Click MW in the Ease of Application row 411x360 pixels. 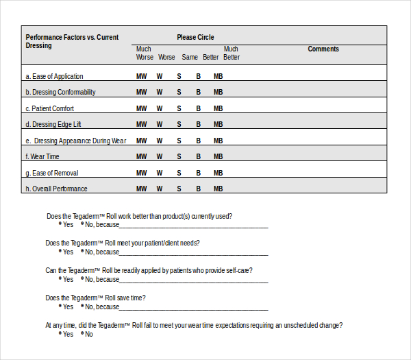pyautogui.click(x=141, y=76)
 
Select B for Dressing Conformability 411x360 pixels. pyautogui.click(x=199, y=93)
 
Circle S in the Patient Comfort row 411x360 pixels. pyautogui.click(x=179, y=108)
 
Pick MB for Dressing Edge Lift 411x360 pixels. pyautogui.click(x=218, y=125)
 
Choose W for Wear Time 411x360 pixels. pyautogui.click(x=160, y=156)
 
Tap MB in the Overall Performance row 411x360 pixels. pyautogui.click(x=218, y=189)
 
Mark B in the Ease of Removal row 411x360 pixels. pyautogui.click(x=199, y=173)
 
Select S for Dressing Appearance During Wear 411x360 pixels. pyautogui.click(x=179, y=141)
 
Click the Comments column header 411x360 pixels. pyautogui.click(x=323, y=49)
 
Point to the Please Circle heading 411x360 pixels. pyautogui.click(x=195, y=37)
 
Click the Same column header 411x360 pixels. pyautogui.click(x=190, y=58)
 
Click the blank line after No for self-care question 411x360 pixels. pyautogui.click(x=195, y=280)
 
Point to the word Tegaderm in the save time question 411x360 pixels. pyautogui.click(x=87, y=298)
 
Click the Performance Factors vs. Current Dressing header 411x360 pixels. pyautogui.click(x=72, y=41)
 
